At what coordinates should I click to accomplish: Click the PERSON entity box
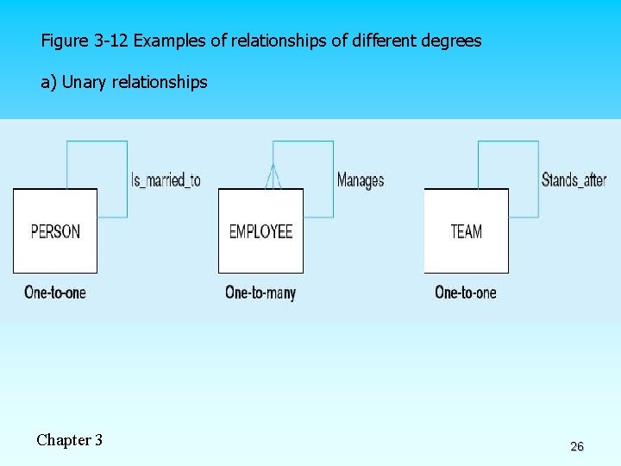55,230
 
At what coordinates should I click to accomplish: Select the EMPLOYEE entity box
260,230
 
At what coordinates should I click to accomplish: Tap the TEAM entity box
466,230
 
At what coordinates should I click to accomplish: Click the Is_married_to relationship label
166,179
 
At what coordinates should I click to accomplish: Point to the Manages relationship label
361,179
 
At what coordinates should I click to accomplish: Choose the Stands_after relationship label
574,179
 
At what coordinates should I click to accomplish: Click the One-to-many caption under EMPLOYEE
260,293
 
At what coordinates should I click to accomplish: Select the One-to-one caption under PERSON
55,293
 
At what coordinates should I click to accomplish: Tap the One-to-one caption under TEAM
466,293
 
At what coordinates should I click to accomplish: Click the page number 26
577,446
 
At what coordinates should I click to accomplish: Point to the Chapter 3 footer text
70,440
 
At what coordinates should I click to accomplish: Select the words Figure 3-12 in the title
85,41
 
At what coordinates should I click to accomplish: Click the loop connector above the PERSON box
97,142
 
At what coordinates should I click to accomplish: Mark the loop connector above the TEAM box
508,142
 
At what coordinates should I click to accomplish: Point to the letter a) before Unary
49,83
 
